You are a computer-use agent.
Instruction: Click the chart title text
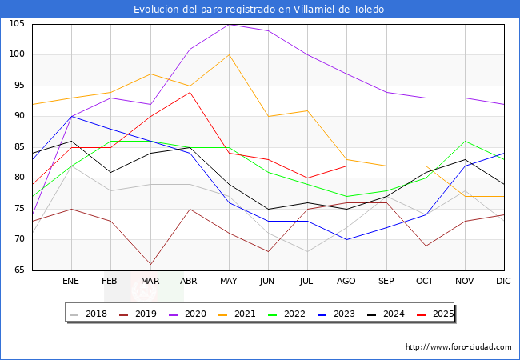[x=259, y=10]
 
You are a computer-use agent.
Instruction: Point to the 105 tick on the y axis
[x=17, y=24]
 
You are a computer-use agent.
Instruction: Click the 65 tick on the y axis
[x=19, y=270]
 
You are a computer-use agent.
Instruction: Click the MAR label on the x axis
[x=150, y=282]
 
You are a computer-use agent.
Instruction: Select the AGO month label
[x=346, y=282]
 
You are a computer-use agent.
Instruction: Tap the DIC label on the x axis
[x=503, y=282]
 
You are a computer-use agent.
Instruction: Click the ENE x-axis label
[x=71, y=282]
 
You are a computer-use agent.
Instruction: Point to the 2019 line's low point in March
[x=150, y=264]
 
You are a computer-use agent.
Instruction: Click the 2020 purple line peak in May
[x=229, y=24]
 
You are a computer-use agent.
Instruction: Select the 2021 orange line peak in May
[x=229, y=54]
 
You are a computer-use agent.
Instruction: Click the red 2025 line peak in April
[x=189, y=92]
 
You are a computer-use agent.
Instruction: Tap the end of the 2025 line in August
[x=346, y=166]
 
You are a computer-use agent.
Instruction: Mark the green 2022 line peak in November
[x=464, y=141]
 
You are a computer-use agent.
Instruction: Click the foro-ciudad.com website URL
[x=458, y=347]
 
